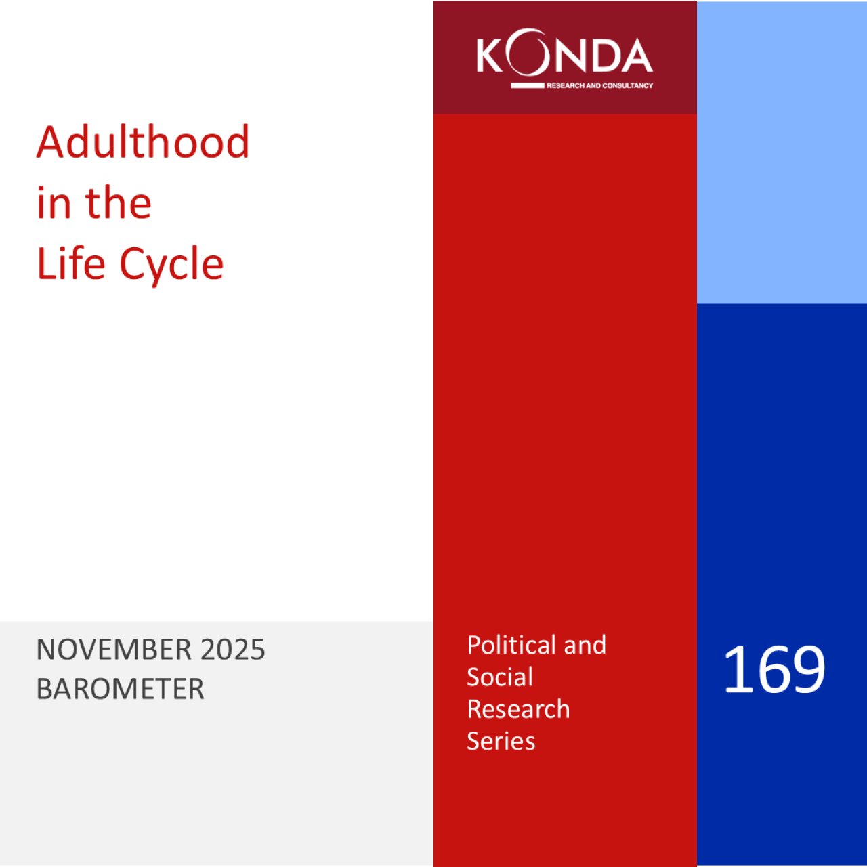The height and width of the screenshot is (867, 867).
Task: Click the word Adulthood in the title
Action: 143,142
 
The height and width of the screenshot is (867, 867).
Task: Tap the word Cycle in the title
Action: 171,266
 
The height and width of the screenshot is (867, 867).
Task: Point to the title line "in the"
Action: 93,203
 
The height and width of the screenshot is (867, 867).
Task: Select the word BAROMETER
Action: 120,689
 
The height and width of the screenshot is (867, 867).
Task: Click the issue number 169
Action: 774,669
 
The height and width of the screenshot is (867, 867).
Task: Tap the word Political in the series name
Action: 511,646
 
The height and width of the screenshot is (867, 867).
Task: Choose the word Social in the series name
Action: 500,677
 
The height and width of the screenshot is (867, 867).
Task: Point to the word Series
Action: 501,740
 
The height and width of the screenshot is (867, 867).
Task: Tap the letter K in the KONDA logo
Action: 490,56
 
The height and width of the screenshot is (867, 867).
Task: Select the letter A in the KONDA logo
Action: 635,56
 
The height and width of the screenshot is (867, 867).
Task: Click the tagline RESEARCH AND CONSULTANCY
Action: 599,85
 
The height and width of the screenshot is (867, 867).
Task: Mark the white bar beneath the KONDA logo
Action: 527,85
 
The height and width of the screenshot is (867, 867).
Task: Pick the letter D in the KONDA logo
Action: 598,56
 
